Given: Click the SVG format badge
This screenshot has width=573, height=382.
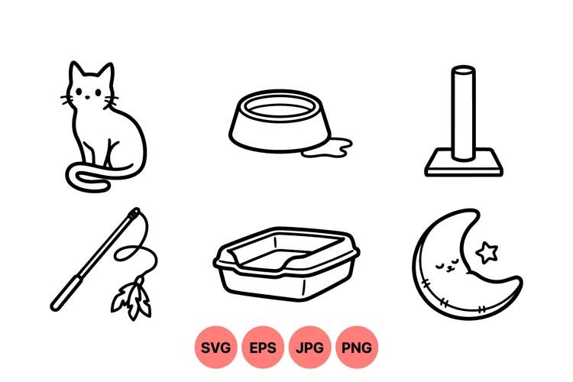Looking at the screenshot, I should (x=216, y=348).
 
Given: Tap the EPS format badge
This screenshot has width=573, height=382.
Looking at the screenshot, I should (x=264, y=348).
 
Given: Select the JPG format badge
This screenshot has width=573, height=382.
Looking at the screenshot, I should (x=310, y=348).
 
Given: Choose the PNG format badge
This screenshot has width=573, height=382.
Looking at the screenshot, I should (x=357, y=348).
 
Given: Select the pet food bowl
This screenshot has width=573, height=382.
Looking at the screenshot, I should (x=274, y=122).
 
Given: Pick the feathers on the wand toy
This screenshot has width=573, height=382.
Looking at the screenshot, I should (x=132, y=299).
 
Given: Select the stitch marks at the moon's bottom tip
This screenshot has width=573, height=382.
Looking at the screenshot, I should (x=481, y=310).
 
